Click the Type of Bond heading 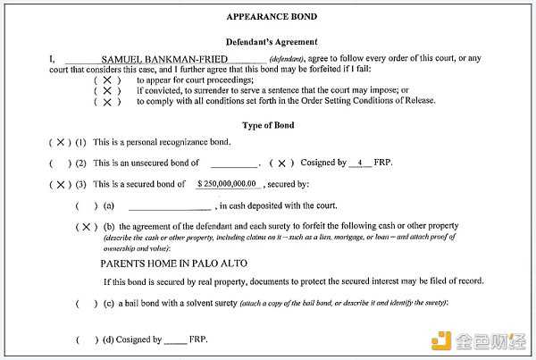tap(269, 124)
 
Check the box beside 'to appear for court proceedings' tap(106, 80)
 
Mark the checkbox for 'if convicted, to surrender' tap(106, 90)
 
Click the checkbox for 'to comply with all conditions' tap(106, 102)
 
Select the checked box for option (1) tap(60, 142)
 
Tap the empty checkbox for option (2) tap(60, 163)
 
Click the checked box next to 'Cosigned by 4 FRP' tap(281, 163)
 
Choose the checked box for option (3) tap(60, 185)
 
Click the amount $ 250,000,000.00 tap(229, 184)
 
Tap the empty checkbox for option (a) tap(87, 205)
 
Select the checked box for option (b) tap(87, 227)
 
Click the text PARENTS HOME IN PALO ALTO tap(173, 264)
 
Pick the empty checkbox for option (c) tap(87, 304)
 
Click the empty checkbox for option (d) tap(87, 339)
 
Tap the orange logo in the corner tap(444, 339)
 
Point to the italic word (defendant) tap(287, 60)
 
